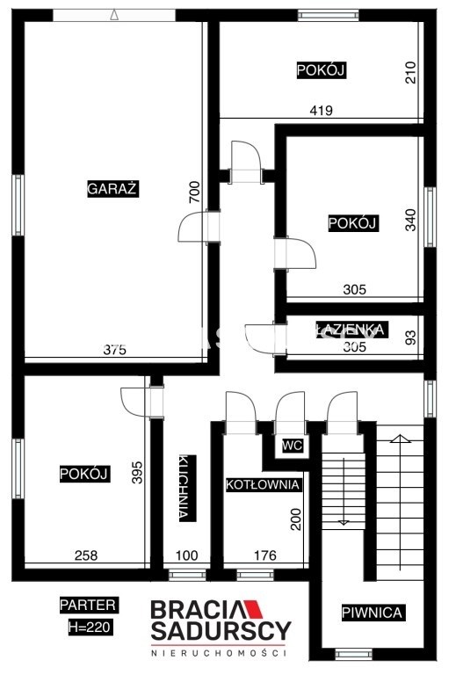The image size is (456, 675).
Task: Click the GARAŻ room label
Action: point(112,189)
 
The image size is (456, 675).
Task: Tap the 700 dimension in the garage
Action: point(195,192)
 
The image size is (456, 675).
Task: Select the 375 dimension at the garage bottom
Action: point(115,350)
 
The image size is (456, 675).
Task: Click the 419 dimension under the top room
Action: point(322,111)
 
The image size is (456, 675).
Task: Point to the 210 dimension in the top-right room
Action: point(411,72)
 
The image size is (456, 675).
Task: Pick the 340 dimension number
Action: point(411,220)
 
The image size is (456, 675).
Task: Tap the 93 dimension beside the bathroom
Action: point(411,337)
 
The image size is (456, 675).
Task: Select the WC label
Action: point(293,445)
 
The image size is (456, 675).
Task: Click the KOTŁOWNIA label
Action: point(263,484)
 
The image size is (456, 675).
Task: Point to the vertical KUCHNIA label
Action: point(187,488)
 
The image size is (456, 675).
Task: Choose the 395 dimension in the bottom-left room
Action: point(137,472)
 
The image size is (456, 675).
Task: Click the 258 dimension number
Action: point(86,555)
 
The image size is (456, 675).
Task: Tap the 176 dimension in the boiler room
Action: point(265,555)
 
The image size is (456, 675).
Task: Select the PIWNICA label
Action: point(373,613)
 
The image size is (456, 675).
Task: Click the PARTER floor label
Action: point(88,605)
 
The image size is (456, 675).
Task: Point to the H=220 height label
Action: point(90,627)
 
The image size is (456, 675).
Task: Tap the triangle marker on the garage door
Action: point(114,15)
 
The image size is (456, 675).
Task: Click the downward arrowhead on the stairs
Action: point(344,523)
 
